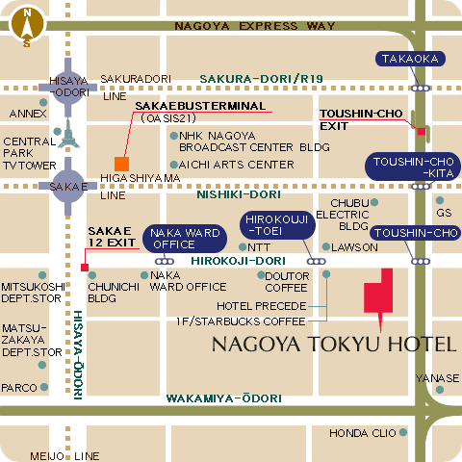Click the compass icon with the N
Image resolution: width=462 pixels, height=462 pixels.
[27, 27]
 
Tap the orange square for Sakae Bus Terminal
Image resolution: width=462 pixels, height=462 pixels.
[121, 163]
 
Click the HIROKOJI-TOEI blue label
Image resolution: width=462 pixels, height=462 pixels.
[274, 227]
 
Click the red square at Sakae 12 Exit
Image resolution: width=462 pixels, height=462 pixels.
[86, 267]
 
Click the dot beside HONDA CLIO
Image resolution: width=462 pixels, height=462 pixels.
[403, 432]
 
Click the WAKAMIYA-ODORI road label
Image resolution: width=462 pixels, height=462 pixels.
[223, 398]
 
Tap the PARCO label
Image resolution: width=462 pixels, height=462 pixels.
[18, 388]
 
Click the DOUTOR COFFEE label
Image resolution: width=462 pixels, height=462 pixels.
[286, 281]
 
